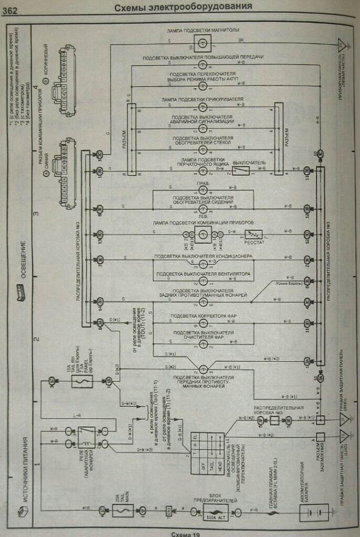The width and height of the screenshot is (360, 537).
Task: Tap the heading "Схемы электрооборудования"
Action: click(183, 7)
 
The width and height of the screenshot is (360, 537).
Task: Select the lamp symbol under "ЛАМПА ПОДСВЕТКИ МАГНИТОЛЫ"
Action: click(202, 40)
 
